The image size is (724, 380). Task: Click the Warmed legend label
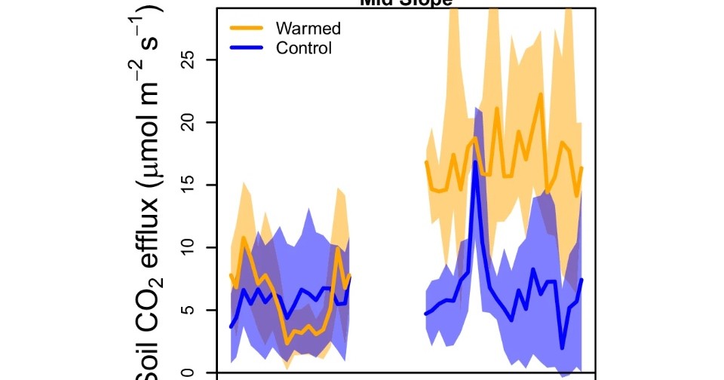click(x=308, y=29)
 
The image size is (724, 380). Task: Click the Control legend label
click(x=304, y=49)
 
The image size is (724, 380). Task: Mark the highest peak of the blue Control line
click(x=475, y=161)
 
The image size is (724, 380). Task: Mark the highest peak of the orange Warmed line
click(x=541, y=94)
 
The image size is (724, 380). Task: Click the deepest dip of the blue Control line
click(x=563, y=348)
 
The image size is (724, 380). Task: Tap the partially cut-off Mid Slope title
click(x=406, y=3)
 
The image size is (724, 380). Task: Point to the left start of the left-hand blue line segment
click(x=231, y=326)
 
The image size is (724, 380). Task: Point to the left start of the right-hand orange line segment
click(x=426, y=161)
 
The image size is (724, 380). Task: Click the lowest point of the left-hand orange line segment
click(x=287, y=343)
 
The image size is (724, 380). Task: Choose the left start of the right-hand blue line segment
click(x=426, y=314)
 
